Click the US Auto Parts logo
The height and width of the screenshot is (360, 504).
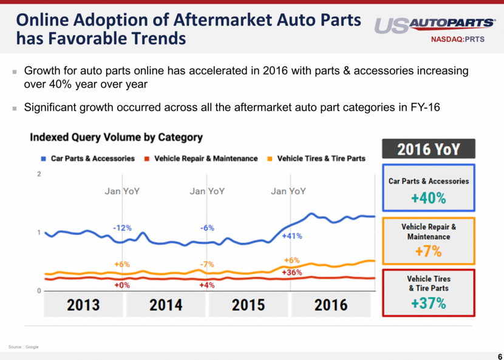coord(434,25)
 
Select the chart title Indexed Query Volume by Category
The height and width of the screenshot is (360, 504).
coord(116,137)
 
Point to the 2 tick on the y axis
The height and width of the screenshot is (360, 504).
coord(39,175)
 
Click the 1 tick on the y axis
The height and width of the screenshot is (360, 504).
coord(39,233)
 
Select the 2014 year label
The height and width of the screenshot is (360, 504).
coord(166,304)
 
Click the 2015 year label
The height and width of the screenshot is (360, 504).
coord(248,304)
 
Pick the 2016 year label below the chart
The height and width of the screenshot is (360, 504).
coord(330,304)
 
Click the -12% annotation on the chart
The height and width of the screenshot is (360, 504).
coord(122,228)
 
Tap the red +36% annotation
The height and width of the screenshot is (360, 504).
coord(293,273)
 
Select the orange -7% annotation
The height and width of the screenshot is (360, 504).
coord(207,264)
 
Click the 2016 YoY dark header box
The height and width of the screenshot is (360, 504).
coord(428,149)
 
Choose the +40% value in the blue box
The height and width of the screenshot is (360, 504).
coord(428,199)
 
